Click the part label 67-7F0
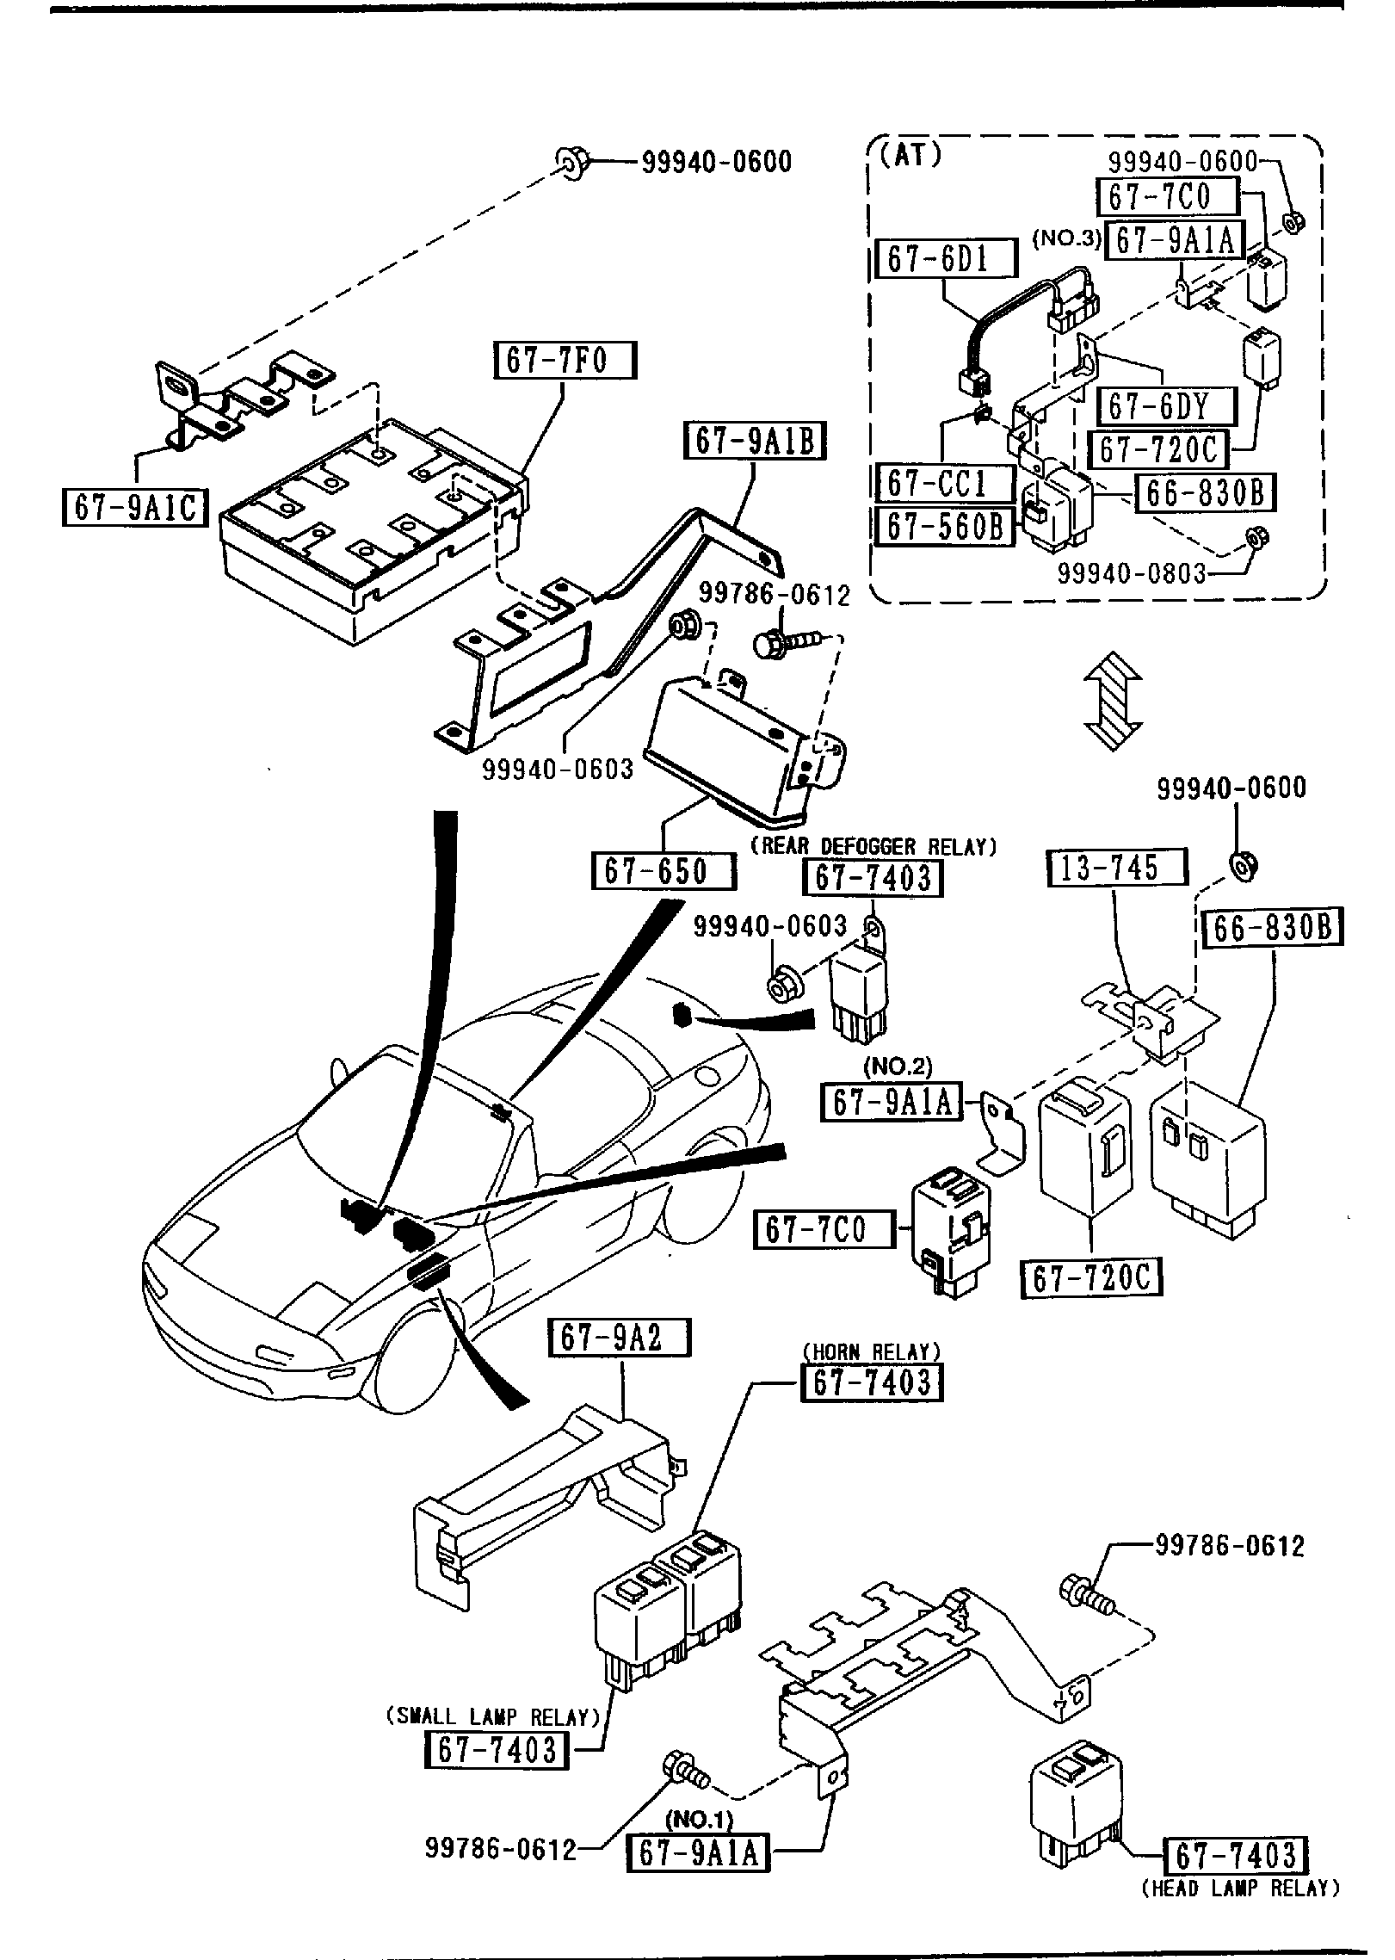tap(565, 361)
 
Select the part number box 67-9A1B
tap(754, 442)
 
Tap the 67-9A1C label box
tap(135, 506)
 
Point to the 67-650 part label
tap(664, 870)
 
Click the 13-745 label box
tap(1116, 868)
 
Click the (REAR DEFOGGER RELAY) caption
tap(873, 847)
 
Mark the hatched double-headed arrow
tap(1112, 701)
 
